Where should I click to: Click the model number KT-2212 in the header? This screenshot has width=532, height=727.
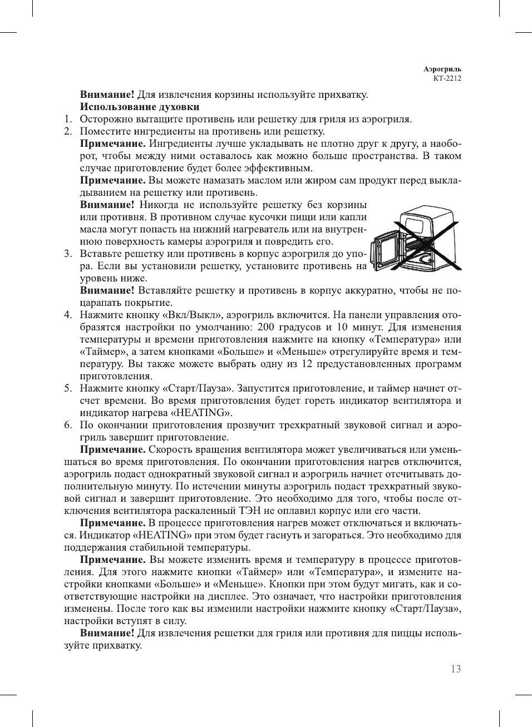(x=447, y=78)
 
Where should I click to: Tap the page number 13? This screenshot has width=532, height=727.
(x=455, y=669)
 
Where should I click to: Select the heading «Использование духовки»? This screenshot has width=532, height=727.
(x=140, y=107)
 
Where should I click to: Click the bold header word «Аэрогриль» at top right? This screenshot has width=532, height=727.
(x=442, y=70)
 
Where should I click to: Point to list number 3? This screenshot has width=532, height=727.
(x=67, y=254)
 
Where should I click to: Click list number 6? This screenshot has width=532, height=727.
(x=67, y=425)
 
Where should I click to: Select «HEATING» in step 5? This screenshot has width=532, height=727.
(x=200, y=413)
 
